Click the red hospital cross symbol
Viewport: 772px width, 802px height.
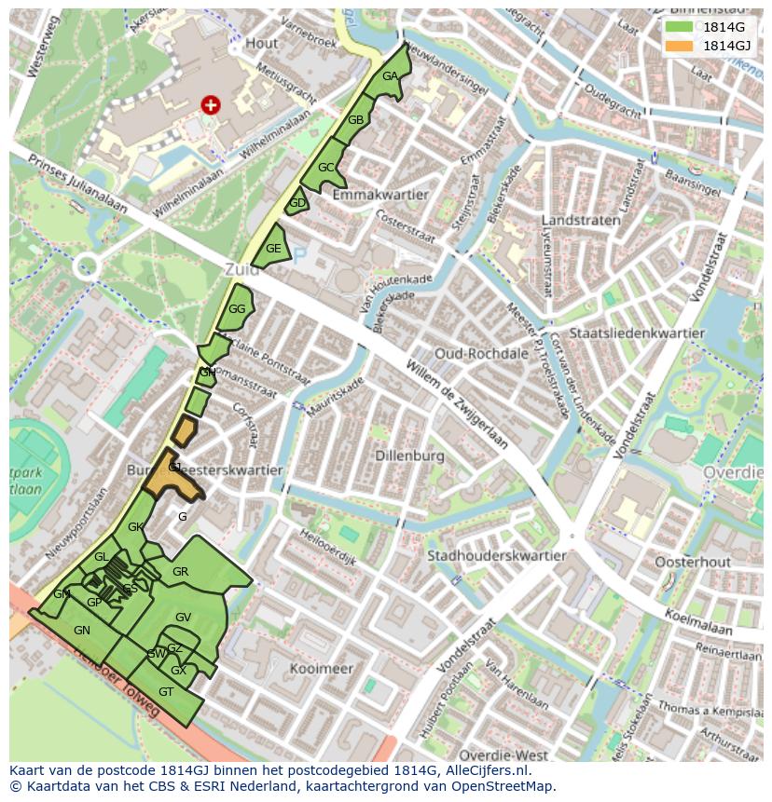point(211,105)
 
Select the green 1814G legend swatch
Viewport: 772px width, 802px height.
point(678,27)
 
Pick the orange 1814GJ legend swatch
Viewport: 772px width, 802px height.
point(678,46)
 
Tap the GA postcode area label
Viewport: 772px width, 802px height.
point(391,76)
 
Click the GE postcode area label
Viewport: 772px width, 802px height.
point(273,249)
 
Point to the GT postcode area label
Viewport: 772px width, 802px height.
point(166,692)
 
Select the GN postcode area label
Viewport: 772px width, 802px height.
point(82,631)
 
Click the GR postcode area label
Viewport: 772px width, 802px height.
point(181,572)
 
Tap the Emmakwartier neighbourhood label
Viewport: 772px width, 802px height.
point(379,195)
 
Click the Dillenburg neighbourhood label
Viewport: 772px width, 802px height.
point(408,456)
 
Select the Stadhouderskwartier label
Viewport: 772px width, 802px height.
point(496,556)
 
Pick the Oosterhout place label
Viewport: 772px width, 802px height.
point(692,563)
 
